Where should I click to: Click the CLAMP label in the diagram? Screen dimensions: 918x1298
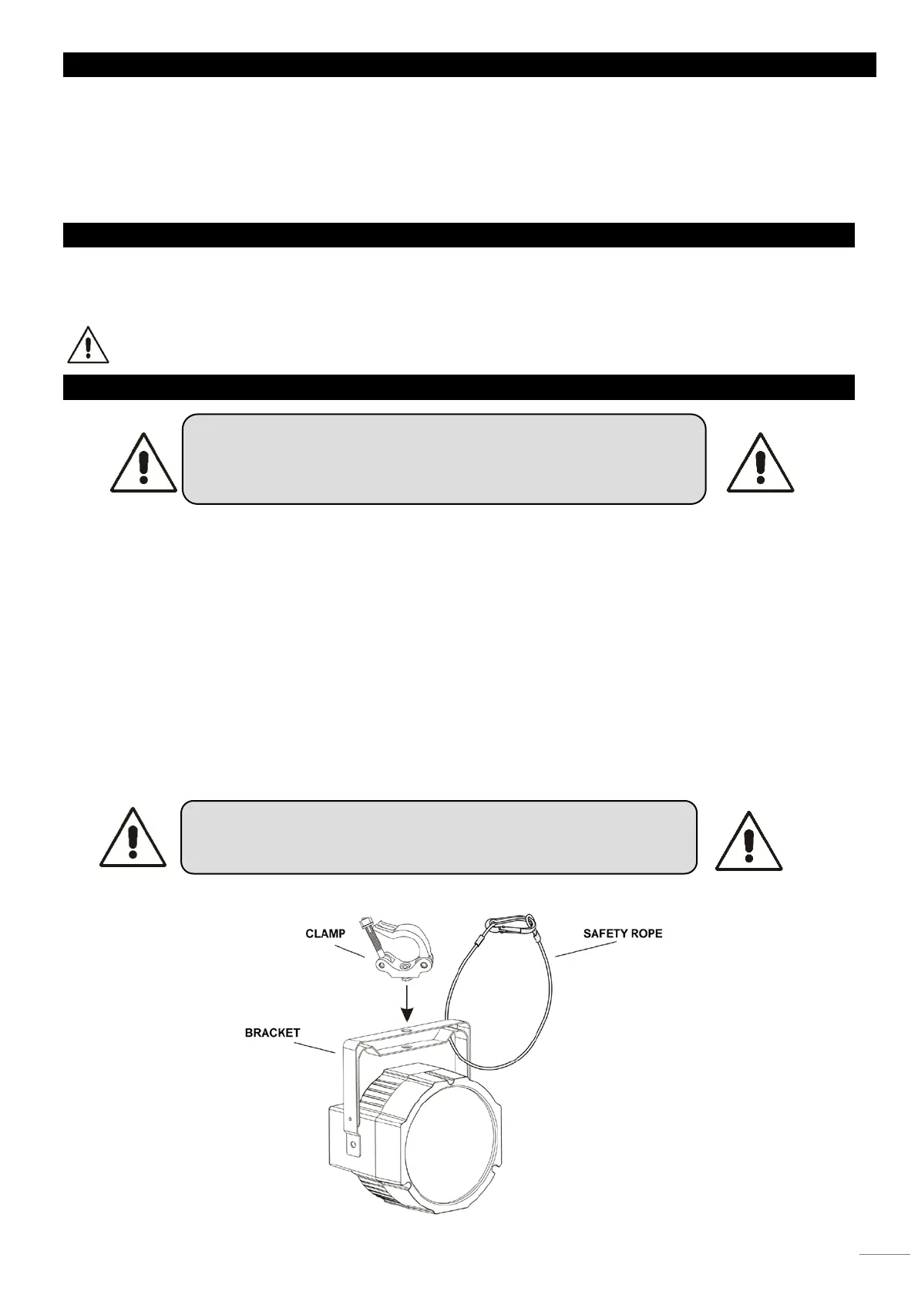click(325, 933)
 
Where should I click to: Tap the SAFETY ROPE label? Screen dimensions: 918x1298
click(622, 933)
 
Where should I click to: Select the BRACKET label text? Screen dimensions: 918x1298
click(272, 1032)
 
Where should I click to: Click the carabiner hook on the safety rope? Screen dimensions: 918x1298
click(509, 924)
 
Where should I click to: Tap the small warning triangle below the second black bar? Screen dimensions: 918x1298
click(88, 345)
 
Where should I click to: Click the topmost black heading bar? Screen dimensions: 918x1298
click(469, 65)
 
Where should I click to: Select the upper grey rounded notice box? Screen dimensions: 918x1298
click(443, 459)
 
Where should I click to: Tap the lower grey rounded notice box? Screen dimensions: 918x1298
click(439, 836)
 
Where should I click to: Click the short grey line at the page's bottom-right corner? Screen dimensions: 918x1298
click(884, 1255)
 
